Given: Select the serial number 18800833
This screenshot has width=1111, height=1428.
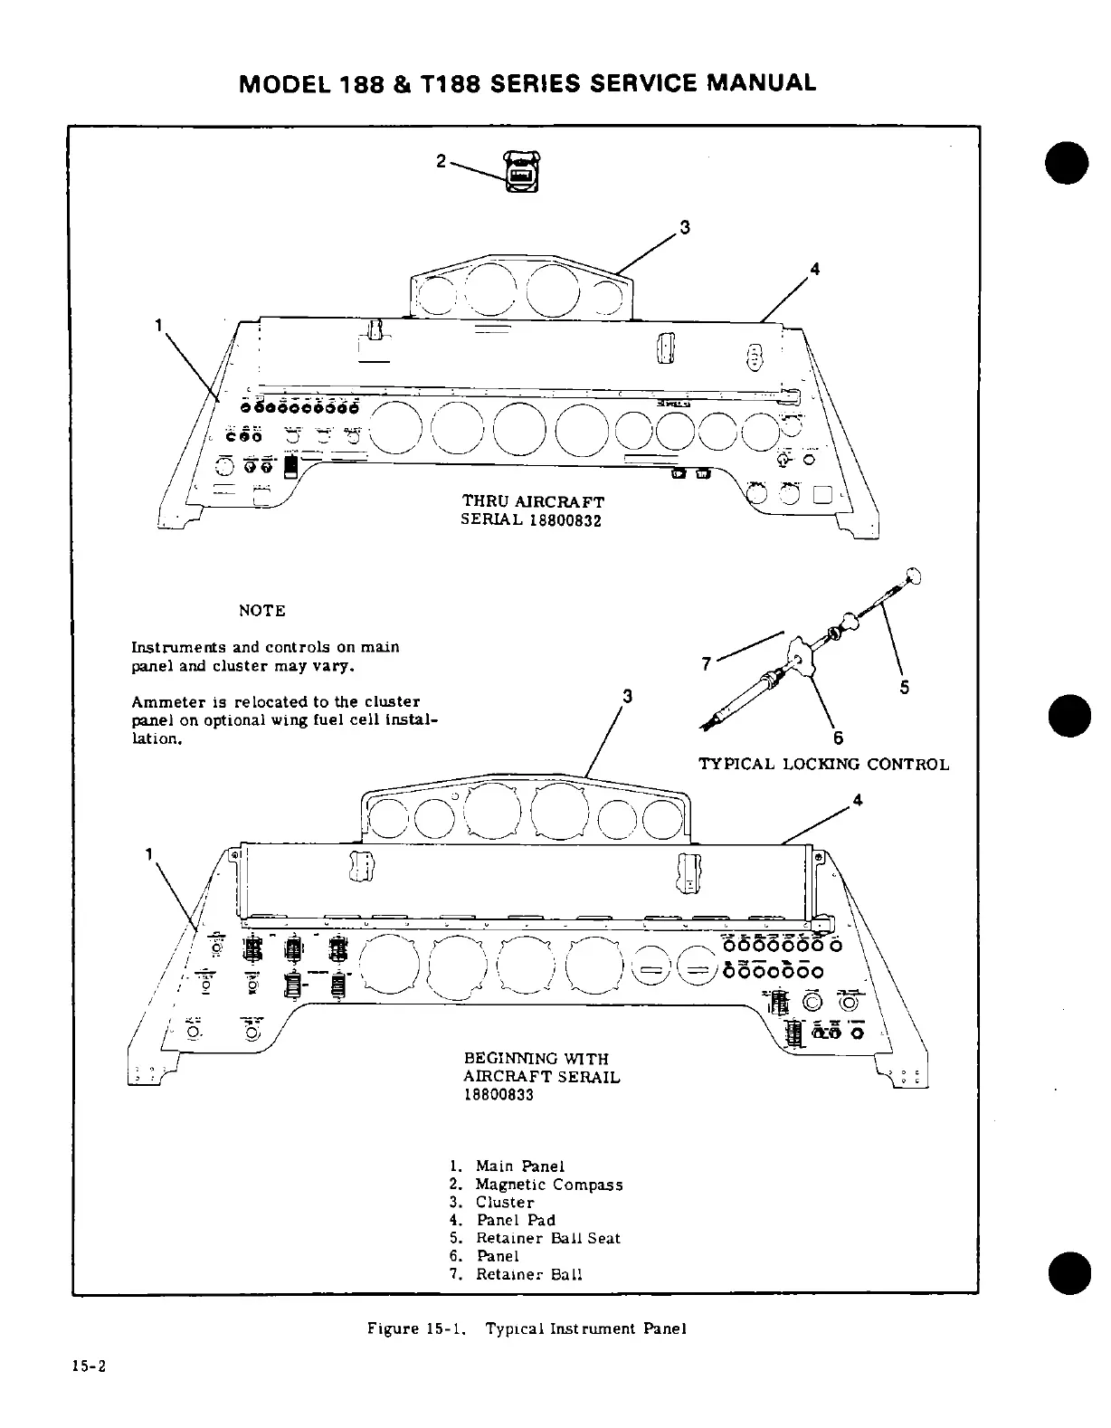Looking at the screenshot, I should (499, 1095).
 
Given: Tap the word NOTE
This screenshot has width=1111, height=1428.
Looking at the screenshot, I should (261, 611).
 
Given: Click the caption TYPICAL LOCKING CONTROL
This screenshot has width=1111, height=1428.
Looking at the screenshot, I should (823, 765).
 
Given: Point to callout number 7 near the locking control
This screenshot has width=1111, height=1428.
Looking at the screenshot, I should (706, 664).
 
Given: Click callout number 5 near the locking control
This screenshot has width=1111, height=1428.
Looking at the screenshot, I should (904, 688).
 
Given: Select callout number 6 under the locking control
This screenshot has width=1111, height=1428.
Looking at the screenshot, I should (838, 735).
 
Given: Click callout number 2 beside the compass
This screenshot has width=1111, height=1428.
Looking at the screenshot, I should (441, 161).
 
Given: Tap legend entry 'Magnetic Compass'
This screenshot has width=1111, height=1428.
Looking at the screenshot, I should (548, 1185).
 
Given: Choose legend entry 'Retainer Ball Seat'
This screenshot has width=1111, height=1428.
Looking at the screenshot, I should (547, 1238).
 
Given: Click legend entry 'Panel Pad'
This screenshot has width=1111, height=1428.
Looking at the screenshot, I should (516, 1220).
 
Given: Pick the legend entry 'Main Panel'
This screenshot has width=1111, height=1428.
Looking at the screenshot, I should (520, 1166).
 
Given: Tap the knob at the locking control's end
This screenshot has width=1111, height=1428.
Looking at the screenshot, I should (914, 574).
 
